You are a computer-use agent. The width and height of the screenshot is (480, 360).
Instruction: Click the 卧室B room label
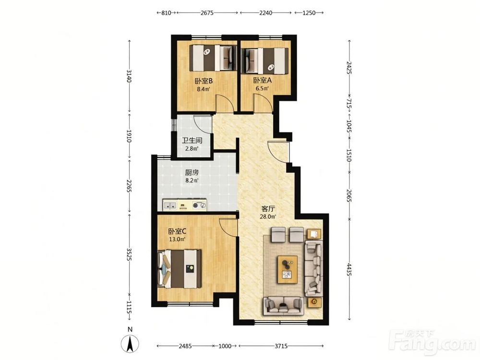click(x=204, y=81)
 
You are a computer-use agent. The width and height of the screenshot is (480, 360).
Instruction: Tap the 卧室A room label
click(x=263, y=81)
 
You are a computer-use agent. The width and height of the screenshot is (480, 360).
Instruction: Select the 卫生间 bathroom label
click(x=192, y=141)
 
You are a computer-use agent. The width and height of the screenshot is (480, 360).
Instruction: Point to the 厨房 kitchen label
click(x=192, y=172)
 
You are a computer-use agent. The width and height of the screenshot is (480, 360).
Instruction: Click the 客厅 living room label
click(x=268, y=209)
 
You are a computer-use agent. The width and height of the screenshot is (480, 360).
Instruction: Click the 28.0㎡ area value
click(x=268, y=217)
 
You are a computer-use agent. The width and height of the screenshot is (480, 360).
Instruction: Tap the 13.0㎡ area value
click(x=178, y=240)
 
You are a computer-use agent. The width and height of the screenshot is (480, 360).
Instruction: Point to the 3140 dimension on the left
click(x=129, y=76)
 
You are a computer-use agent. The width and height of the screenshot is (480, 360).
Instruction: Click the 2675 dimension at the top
click(x=207, y=13)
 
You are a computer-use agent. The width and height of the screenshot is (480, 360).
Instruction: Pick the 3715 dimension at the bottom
click(x=281, y=346)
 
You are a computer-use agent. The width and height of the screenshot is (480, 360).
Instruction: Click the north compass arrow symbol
click(x=130, y=344)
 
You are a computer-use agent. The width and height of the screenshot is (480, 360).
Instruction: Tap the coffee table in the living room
click(x=288, y=269)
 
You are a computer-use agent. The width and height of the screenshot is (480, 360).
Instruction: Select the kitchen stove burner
click(x=199, y=205)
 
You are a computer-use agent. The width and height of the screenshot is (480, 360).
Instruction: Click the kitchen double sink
click(x=170, y=205)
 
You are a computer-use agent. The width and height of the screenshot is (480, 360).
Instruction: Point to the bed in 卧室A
click(x=265, y=60)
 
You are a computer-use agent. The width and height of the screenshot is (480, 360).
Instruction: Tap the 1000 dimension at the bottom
click(x=225, y=346)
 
